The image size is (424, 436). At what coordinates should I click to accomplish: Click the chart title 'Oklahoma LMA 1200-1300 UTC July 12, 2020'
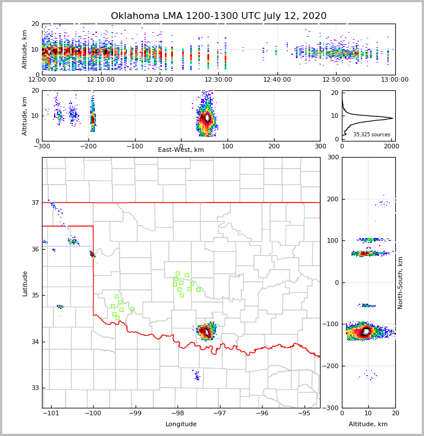218,16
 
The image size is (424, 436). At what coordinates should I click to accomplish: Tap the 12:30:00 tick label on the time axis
218,79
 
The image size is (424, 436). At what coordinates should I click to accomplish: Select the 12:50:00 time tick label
336,79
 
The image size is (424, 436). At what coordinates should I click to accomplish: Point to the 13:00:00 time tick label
395,79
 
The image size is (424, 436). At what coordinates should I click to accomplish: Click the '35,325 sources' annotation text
372,135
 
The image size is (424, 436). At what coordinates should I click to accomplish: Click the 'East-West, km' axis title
181,150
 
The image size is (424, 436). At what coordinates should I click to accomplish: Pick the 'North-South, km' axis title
400,282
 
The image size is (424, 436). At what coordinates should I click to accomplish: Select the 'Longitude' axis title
181,424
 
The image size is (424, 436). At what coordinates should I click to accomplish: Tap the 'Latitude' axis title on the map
25,283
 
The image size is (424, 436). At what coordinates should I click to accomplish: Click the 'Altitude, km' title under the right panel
368,424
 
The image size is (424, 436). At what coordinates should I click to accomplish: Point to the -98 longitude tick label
178,413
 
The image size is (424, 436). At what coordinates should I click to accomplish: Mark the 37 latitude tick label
34,202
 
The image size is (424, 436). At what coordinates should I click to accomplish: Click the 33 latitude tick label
34,388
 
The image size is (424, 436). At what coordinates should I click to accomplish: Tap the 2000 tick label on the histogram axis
391,146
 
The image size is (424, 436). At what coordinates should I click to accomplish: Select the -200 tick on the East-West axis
88,146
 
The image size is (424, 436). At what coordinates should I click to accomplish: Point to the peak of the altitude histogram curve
392,118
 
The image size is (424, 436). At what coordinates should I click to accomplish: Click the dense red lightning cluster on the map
206,332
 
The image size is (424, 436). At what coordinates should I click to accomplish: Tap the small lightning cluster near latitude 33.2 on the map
197,376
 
